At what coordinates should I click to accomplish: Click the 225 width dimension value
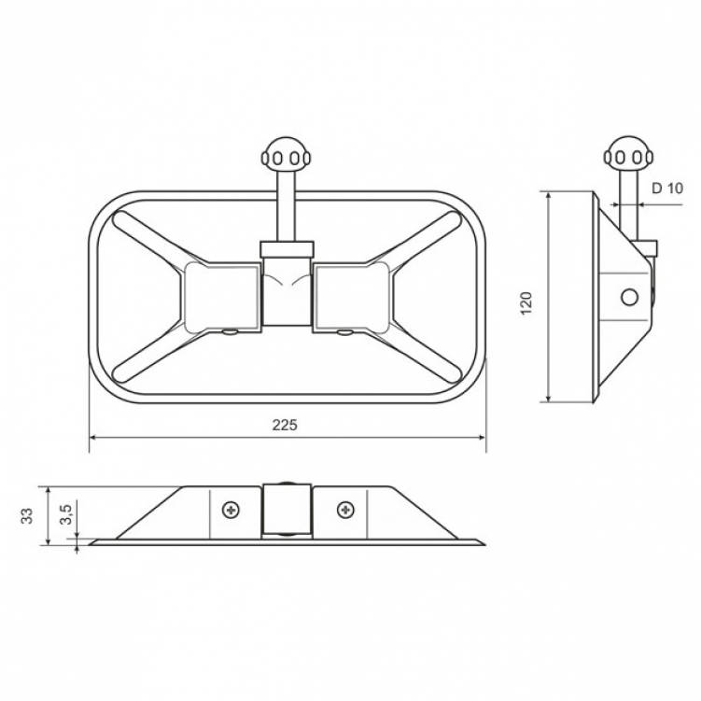coord(285,425)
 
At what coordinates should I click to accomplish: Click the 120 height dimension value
coord(526,302)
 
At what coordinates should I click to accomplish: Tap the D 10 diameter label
coord(667,189)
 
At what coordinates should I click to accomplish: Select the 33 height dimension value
coord(28,515)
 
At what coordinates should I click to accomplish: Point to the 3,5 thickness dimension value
coord(65,513)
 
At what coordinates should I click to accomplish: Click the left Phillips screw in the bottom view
coord(231,510)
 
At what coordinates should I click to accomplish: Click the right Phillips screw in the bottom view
coord(345,509)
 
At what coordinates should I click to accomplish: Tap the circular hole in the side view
coord(629,297)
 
